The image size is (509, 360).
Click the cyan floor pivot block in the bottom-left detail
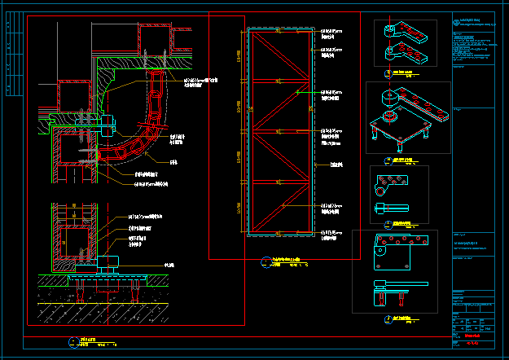click(x=108, y=262)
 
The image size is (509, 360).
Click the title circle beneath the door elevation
click(x=265, y=262)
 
